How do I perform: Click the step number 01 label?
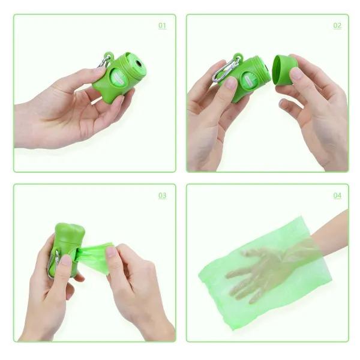162,26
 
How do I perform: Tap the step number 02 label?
337,26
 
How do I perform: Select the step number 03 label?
162,196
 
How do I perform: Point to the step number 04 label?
337,196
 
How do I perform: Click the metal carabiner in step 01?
105,61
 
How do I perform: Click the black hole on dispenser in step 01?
139,63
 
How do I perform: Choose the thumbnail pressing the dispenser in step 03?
65,260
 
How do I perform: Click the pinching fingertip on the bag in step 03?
111,252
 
